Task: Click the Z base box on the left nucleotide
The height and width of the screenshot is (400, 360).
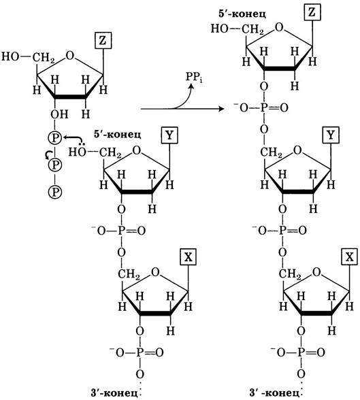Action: (103, 40)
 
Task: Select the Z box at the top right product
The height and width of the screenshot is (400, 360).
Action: (312, 12)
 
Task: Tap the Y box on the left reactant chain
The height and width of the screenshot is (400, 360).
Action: (169, 135)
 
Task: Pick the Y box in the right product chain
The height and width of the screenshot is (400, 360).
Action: (331, 135)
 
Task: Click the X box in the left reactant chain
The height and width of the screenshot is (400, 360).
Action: (188, 257)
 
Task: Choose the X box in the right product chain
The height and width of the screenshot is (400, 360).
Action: (349, 257)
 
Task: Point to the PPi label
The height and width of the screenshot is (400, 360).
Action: (194, 77)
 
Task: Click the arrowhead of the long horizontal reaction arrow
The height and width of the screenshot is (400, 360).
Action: (221, 109)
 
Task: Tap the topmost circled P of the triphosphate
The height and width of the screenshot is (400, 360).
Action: (55, 138)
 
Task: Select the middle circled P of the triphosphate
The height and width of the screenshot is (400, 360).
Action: (55, 165)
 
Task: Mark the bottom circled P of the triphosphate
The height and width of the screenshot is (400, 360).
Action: (55, 191)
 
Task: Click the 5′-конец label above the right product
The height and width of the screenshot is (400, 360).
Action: (242, 14)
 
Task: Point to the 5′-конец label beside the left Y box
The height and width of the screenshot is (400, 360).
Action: (118, 134)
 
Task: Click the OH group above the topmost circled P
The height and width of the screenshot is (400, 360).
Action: (59, 114)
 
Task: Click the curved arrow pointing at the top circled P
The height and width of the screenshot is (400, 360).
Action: (74, 139)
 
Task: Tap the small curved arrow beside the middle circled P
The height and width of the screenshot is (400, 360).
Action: (48, 155)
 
